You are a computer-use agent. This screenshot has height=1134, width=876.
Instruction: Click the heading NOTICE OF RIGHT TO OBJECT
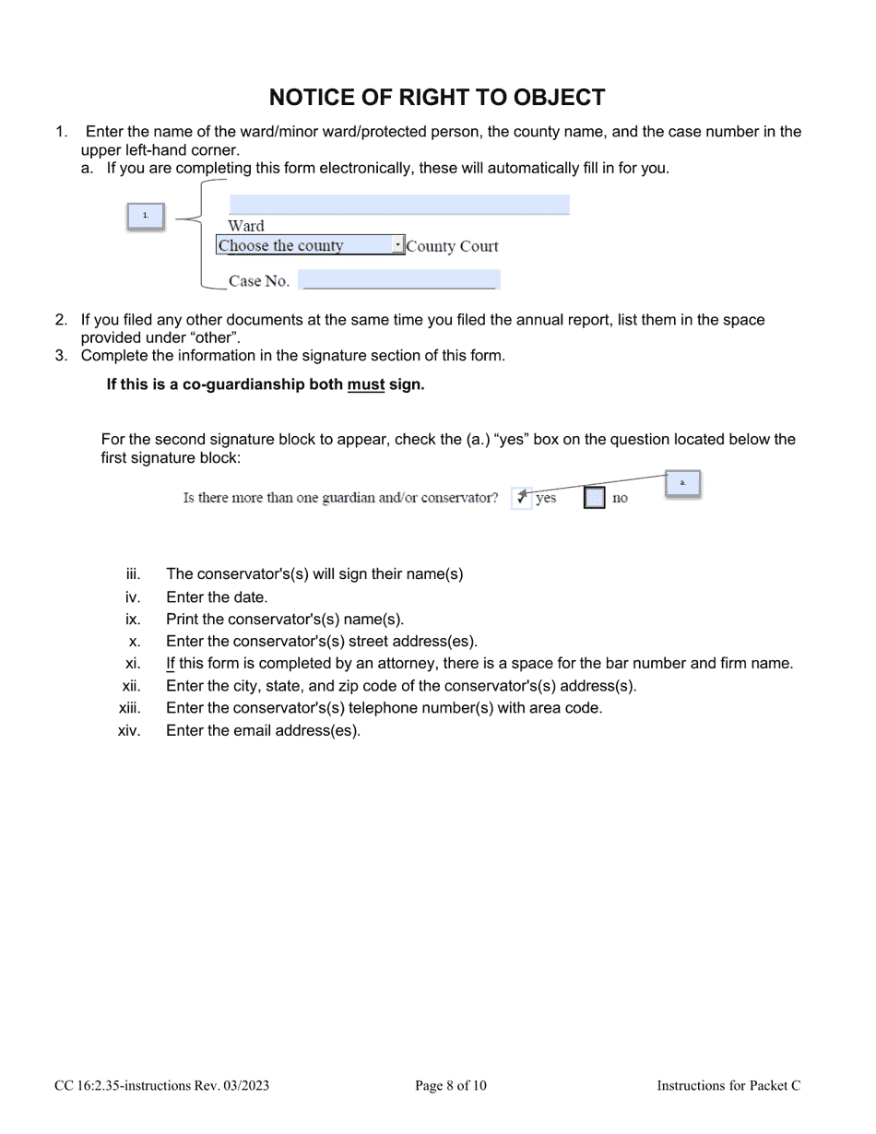(437, 98)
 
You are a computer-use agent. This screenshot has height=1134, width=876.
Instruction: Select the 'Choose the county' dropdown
(310, 246)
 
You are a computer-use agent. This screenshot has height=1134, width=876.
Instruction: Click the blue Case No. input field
(398, 280)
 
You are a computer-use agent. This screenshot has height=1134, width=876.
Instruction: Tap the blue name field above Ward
(398, 205)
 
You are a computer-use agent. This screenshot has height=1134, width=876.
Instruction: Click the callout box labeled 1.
(146, 216)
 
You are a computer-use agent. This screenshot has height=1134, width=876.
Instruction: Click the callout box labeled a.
(682, 483)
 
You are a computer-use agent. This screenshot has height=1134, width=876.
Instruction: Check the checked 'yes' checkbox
(521, 498)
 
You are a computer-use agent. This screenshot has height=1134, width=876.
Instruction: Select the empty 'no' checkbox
(595, 498)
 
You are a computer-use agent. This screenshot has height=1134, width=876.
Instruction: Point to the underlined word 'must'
(365, 385)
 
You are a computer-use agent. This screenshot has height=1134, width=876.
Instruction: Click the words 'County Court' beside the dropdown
(452, 246)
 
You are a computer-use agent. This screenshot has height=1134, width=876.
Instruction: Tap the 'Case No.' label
(258, 281)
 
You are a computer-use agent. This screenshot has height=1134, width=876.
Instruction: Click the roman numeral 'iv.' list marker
(133, 597)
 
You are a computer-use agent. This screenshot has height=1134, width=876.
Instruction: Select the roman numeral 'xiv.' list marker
(129, 731)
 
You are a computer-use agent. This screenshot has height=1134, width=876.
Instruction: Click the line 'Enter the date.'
(217, 597)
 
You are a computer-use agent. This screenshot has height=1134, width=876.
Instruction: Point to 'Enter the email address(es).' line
(264, 731)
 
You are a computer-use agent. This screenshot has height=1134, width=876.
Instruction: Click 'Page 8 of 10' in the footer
(451, 1086)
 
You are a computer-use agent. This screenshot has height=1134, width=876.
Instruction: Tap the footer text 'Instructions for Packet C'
(728, 1086)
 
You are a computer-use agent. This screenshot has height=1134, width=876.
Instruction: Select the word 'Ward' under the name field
(245, 226)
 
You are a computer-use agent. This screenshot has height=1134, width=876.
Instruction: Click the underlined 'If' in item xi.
(171, 663)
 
